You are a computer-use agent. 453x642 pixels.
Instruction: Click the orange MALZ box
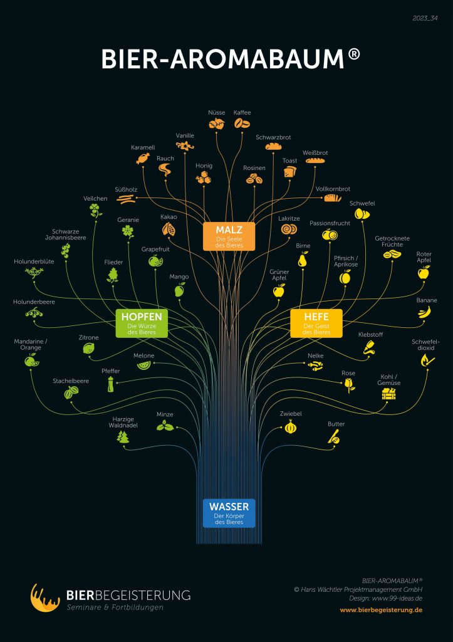coord(229,236)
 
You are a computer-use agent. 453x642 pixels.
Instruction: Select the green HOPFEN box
coord(142,323)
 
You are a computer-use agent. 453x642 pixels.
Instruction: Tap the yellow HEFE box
coord(316,323)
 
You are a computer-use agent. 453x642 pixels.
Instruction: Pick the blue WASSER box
coord(229,513)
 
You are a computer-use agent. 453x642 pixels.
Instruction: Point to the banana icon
coord(424,312)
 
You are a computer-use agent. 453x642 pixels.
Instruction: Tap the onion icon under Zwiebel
coord(291,426)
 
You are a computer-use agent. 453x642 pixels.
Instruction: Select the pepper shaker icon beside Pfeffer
coord(110,384)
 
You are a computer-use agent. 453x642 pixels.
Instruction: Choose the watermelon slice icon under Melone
coord(143,364)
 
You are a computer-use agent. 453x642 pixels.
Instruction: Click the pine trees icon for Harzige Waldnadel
coord(123,436)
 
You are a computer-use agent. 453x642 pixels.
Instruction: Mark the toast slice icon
coord(289,171)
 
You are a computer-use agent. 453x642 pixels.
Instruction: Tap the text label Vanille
coord(185,135)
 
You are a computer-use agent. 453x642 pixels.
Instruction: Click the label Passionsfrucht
coord(330,223)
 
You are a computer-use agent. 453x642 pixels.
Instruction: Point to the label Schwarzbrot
coord(273,137)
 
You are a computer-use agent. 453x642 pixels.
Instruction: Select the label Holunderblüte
coord(34,261)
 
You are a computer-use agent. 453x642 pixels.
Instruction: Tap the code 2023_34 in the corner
coord(425,18)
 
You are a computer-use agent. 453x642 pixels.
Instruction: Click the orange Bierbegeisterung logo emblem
coord(45,597)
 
